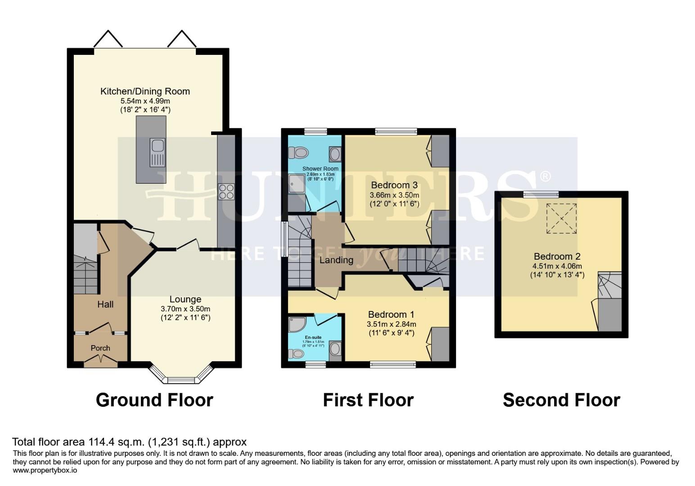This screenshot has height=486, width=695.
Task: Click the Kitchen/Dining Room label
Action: pyautogui.click(x=145, y=91)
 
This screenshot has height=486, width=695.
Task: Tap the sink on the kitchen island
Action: pyautogui.click(x=158, y=146)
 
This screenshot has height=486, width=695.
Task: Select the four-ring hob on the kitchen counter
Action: pyautogui.click(x=226, y=192)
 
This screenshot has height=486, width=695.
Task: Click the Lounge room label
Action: pyautogui.click(x=185, y=299)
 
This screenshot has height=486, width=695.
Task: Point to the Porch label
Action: pyautogui.click(x=100, y=348)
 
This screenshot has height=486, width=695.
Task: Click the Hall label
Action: pyautogui.click(x=105, y=304)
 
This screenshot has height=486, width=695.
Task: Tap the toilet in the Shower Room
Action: pyautogui.click(x=298, y=153)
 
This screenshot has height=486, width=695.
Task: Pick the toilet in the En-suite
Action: pyautogui.click(x=297, y=354)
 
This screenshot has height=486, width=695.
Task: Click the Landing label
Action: pyautogui.click(x=336, y=260)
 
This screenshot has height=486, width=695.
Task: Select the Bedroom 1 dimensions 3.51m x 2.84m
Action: pyautogui.click(x=391, y=324)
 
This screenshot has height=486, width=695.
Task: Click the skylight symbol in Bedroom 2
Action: pyautogui.click(x=561, y=219)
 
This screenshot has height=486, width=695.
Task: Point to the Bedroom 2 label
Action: pyautogui.click(x=557, y=256)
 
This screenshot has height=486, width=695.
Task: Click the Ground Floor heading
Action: pyautogui.click(x=154, y=400)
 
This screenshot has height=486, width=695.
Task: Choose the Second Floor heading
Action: pyautogui.click(x=561, y=400)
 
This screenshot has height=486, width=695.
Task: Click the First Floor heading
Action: pyautogui.click(x=368, y=400)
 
